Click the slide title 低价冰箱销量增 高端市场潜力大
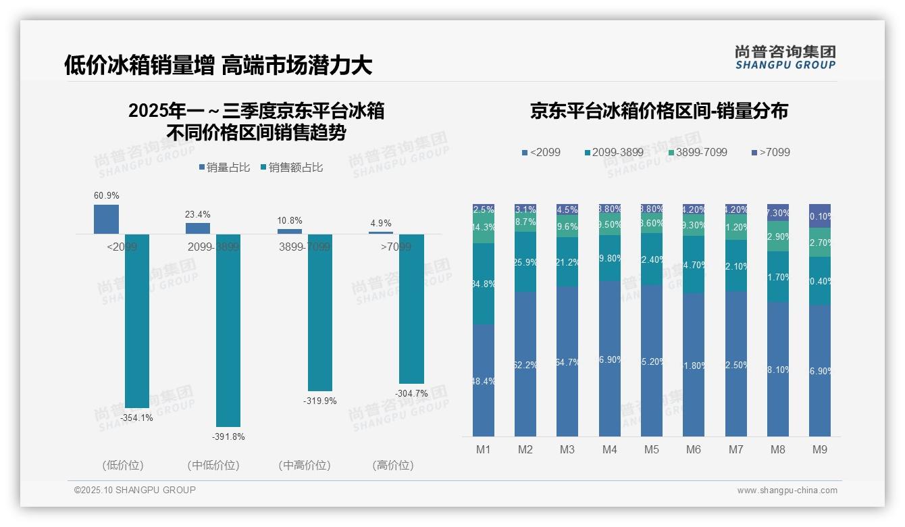(x=217, y=65)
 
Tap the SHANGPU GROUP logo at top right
(x=785, y=57)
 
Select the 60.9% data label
(x=106, y=196)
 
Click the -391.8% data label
(x=228, y=437)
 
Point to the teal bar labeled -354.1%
(x=137, y=321)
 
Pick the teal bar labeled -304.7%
(x=411, y=309)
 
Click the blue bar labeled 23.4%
(x=198, y=228)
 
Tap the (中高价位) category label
(x=304, y=466)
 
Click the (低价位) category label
(x=123, y=466)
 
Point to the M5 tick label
(x=651, y=449)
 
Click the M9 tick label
(x=819, y=449)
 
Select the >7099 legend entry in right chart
(x=770, y=153)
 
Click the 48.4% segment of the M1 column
(x=484, y=380)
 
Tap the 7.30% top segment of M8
(x=777, y=212)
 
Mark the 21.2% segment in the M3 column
(x=567, y=261)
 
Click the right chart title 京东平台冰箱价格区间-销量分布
(x=658, y=111)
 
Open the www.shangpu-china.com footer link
(x=787, y=491)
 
